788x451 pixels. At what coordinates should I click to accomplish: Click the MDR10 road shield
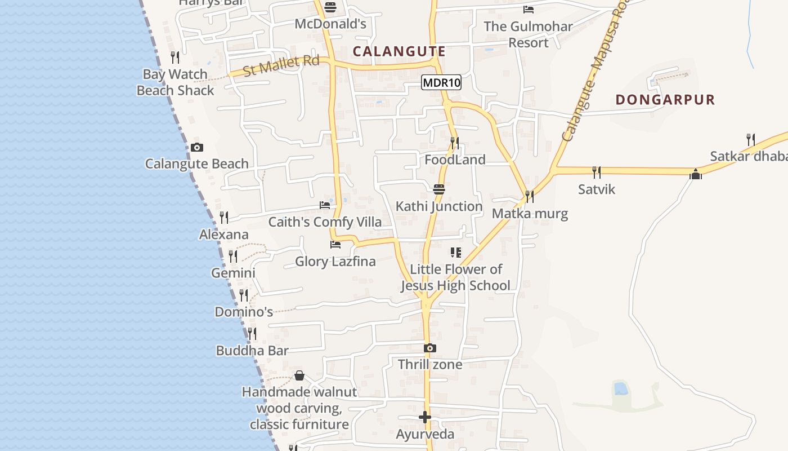point(441,83)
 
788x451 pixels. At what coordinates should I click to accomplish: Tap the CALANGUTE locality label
point(399,51)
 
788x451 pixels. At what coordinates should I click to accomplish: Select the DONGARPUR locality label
point(665,100)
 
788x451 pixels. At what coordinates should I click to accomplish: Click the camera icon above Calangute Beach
point(196,148)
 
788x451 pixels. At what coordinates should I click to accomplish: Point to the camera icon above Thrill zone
point(430,348)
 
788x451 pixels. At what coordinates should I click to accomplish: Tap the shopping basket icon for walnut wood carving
point(299,375)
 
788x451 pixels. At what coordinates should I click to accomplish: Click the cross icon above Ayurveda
point(425,418)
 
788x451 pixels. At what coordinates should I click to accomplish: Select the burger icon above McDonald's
point(330,7)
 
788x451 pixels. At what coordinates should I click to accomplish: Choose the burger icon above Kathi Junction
point(439,189)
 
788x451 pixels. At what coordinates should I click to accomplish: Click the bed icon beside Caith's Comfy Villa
point(325,205)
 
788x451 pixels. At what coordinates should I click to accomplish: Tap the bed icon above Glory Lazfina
point(335,245)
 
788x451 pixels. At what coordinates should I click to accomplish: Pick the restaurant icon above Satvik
point(597,172)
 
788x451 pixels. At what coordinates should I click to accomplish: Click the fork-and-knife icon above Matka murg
point(530,197)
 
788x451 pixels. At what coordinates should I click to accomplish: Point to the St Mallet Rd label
point(281,65)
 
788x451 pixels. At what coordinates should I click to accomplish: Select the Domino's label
point(244,312)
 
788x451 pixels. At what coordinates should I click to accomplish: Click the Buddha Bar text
point(252,351)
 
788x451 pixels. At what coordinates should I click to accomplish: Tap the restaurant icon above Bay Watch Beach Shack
point(175,57)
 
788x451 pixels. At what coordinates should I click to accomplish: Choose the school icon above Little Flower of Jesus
point(456,252)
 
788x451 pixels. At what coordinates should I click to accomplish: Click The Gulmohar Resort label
point(528,34)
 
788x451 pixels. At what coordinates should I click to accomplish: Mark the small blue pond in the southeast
point(620,388)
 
